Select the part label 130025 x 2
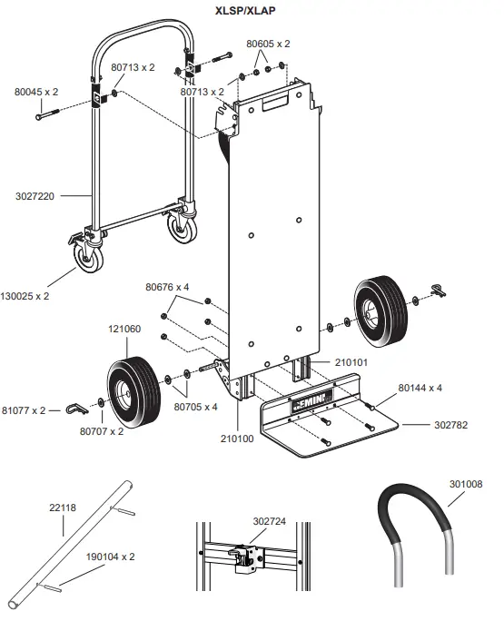(26, 296)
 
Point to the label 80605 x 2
(268, 44)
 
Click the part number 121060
(124, 330)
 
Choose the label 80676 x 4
(166, 287)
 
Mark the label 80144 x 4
(420, 388)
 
